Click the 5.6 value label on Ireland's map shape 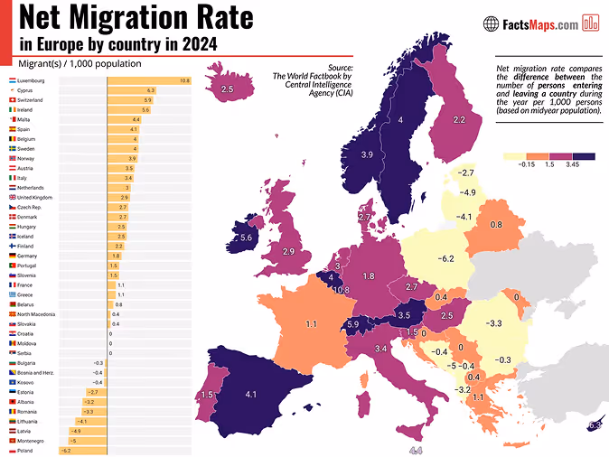pyautogui.click(x=246, y=238)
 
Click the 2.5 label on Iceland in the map pyautogui.click(x=227, y=89)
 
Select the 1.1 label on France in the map pyautogui.click(x=310, y=322)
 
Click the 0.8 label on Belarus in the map pyautogui.click(x=496, y=224)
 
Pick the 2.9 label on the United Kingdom pyautogui.click(x=288, y=250)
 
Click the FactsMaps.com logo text pyautogui.click(x=540, y=24)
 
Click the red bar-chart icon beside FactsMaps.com pyautogui.click(x=592, y=23)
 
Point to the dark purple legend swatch pyautogui.click(x=584, y=156)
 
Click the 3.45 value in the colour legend pyautogui.click(x=572, y=166)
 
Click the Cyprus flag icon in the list pyautogui.click(x=11, y=90)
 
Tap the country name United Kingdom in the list pyautogui.click(x=35, y=198)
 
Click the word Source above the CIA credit pyautogui.click(x=340, y=68)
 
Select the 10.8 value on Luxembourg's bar pyautogui.click(x=184, y=81)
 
